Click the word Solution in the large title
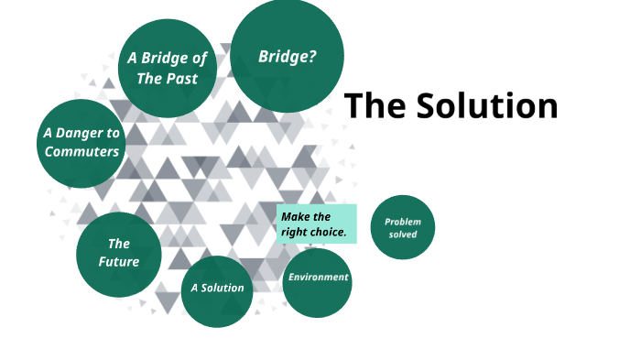(486, 106)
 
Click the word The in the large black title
(375, 106)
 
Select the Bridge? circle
(287, 55)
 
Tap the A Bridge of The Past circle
(167, 68)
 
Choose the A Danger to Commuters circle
(81, 142)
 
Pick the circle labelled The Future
(119, 255)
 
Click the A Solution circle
(217, 290)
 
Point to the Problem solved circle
(402, 227)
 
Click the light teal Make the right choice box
(316, 224)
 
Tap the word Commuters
(81, 152)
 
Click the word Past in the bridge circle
(183, 79)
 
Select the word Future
(119, 262)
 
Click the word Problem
(402, 222)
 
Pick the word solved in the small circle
(402, 235)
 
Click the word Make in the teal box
(294, 217)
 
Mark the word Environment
(318, 278)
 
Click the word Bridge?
(288, 56)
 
